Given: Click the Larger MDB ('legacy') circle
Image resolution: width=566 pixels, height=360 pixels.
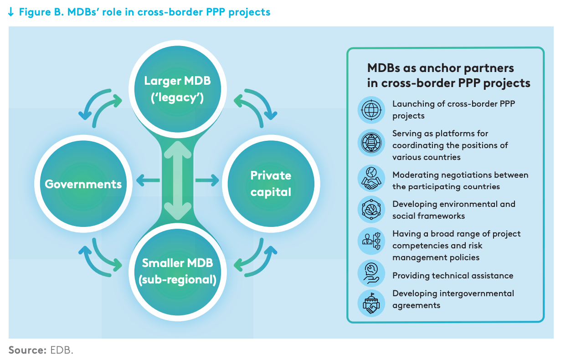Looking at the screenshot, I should [x=177, y=88].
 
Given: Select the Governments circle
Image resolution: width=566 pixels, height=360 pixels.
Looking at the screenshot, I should [x=83, y=184].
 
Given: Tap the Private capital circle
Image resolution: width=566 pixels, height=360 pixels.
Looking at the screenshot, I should [x=271, y=184].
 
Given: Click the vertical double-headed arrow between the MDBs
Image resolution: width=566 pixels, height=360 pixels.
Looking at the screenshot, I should [x=177, y=180].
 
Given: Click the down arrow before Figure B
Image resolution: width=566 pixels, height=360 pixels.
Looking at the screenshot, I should [x=11, y=12].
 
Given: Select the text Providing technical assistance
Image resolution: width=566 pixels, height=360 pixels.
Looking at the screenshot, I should [x=453, y=276].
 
